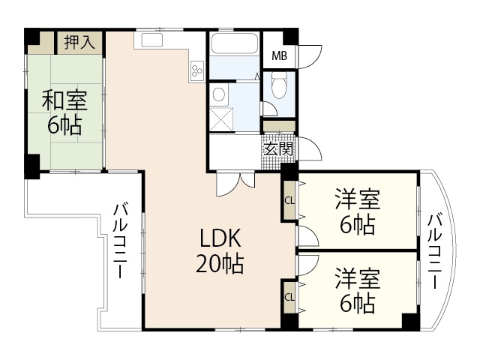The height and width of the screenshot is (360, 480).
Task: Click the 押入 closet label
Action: point(79,42)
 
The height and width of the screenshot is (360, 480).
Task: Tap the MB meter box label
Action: point(280,56)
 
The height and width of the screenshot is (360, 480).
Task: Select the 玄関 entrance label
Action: point(278,149)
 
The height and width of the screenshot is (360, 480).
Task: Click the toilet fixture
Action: point(279,85)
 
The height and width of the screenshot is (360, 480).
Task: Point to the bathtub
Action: point(235,43)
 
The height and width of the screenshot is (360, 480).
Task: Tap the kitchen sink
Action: point(151,40)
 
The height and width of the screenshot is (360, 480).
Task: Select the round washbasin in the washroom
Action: point(218,94)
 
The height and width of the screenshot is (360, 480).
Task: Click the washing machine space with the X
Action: point(222,119)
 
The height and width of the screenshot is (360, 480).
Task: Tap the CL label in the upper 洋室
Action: point(289,201)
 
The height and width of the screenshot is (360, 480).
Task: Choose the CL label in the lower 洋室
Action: point(289,297)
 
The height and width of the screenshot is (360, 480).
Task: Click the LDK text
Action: point(220,238)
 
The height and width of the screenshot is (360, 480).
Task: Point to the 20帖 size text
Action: point(220,263)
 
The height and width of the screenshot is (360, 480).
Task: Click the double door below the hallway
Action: point(235,183)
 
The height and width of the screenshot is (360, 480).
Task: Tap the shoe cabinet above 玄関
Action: point(279,126)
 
